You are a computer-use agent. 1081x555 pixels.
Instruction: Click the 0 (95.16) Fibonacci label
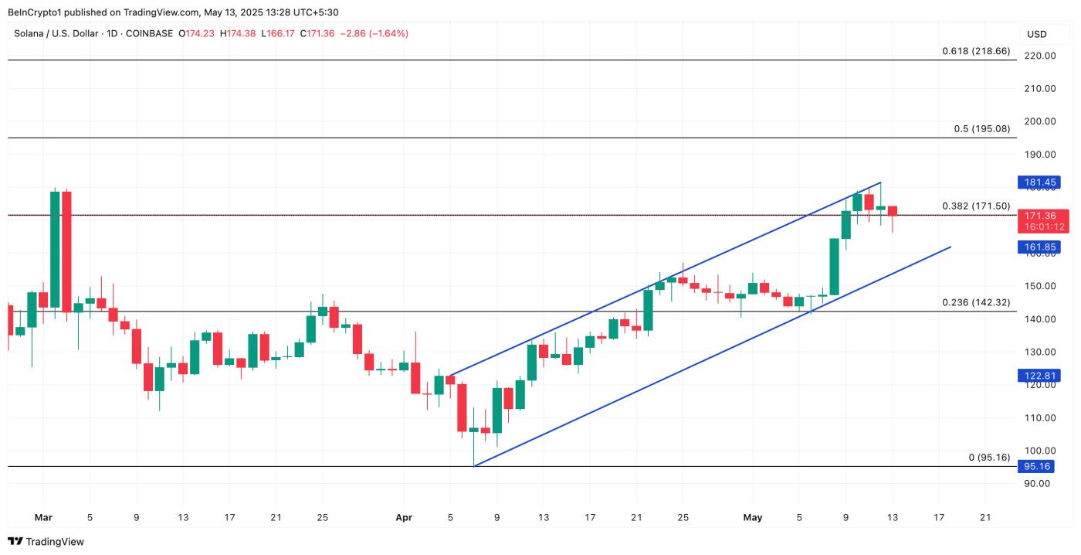tap(989, 458)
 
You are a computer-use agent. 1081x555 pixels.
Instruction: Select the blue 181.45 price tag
tap(1041, 183)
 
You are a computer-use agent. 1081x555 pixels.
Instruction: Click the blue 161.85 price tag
tap(1041, 247)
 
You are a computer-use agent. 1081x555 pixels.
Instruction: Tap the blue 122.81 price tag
tap(1041, 376)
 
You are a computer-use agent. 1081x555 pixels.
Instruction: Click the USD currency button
tap(1036, 34)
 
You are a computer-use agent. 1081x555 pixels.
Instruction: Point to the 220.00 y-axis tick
tap(1039, 56)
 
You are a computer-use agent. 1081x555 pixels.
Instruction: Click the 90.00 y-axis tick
tap(1037, 484)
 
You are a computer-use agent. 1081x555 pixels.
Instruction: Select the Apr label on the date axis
tap(403, 518)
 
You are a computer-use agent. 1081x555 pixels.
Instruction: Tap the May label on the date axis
tap(752, 518)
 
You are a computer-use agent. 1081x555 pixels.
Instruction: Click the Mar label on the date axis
tap(43, 518)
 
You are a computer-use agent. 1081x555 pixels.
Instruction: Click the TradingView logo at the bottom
tap(46, 542)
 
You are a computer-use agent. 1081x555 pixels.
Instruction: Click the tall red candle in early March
tap(66, 251)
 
